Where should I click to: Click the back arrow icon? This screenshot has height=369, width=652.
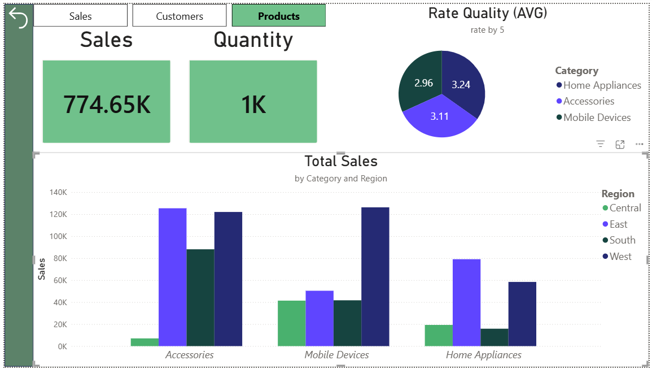pos(18,18)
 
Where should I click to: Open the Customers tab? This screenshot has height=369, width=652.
pos(179,16)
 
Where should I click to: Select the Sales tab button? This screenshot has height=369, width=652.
pos(80,16)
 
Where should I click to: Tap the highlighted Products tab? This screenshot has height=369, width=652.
pos(279,16)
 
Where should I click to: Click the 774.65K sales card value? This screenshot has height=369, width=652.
pos(107,104)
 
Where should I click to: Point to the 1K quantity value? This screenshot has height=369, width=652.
pos(253,104)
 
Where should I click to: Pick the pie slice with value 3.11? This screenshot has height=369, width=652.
pos(440,118)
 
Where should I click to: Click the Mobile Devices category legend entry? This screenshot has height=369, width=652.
pos(593,118)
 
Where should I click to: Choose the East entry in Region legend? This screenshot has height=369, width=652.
pos(615,224)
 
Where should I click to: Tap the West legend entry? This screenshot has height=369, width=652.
pos(617,257)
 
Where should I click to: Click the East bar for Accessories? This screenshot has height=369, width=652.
pos(173,277)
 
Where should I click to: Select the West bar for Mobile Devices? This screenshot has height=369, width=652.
pos(375,276)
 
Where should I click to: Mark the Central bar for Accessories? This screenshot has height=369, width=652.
pos(145,342)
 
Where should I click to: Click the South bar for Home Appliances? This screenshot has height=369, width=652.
pos(495,337)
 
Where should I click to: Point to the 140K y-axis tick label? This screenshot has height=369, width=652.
pos(58,193)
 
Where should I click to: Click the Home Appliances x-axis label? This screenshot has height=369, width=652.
pos(484,355)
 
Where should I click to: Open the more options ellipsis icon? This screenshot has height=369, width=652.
pos(640,144)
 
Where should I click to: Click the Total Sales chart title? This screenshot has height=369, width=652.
pos(341,161)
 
